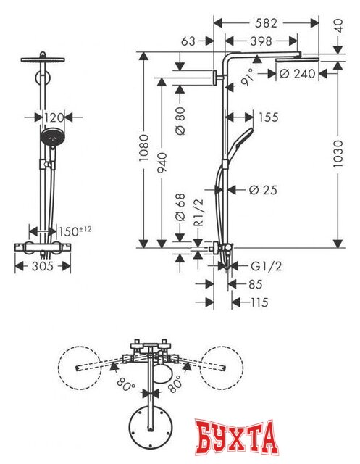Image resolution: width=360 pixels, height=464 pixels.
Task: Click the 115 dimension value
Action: click(x=256, y=302)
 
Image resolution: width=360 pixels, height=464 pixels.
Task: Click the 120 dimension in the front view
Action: click(x=53, y=116)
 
